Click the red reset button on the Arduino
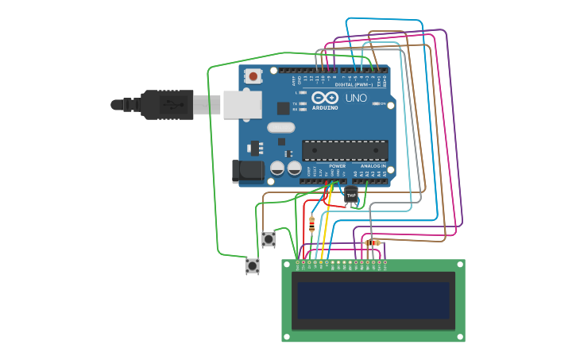coord(253,76)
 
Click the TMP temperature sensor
coord(350,195)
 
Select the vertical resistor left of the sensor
coord(311,223)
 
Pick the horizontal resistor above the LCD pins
coord(372,242)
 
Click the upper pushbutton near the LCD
coord(269,238)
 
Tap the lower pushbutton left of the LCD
coord(253,265)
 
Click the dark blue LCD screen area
coord(373,300)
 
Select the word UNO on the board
coord(356,99)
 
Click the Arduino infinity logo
coord(325,98)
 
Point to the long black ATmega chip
coord(345,150)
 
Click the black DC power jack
coord(249,170)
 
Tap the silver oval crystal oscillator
coord(280,127)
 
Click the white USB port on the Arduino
coord(242,104)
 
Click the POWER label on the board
coord(337,166)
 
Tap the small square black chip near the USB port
coord(283,108)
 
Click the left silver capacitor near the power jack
coord(277,168)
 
